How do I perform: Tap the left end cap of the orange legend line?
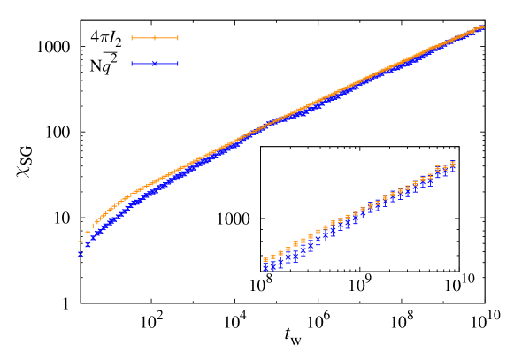132,38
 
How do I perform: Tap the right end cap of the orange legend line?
178,38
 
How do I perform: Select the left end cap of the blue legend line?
132,64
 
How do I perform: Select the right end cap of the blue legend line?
178,64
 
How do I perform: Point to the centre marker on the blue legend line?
155,64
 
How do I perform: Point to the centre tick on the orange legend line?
155,38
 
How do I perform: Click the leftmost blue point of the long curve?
81,255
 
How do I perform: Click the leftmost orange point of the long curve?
81,241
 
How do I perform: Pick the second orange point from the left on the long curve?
88,232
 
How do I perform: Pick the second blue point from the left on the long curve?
88,245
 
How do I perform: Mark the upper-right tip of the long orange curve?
481,27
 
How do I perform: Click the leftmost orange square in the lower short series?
265,260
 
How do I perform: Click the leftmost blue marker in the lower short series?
265,267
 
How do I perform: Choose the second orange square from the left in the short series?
272,257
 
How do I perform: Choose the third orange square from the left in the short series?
280,253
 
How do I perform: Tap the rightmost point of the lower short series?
453,164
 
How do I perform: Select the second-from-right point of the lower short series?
445,167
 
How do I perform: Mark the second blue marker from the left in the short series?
272,264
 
